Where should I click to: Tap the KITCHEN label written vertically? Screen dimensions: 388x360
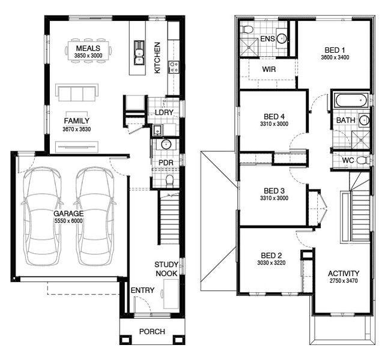pos(157,58)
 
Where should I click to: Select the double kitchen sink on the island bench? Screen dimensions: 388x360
pos(139,53)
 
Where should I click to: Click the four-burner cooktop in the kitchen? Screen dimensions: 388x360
pos(174,67)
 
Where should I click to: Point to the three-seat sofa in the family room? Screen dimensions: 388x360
pos(77,92)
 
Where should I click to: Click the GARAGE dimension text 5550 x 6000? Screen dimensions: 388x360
pos(68,221)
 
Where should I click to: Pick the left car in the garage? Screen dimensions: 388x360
pos(42,217)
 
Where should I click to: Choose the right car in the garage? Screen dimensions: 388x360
pos(95,217)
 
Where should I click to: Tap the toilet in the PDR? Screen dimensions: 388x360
pos(169,181)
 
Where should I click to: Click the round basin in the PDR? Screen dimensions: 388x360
pos(166,145)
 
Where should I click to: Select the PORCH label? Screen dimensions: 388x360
pos(152,332)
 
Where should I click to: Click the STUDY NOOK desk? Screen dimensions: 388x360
pos(171,294)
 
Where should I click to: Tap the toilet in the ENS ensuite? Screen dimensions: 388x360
pos(247,29)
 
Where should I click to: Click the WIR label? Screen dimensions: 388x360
pos(269,69)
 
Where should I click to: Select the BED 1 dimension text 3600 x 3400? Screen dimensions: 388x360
pos(335,58)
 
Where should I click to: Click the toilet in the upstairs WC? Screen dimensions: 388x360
pos(363,160)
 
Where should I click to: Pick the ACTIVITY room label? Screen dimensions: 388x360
pos(344,274)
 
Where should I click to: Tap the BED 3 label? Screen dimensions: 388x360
pos(274,191)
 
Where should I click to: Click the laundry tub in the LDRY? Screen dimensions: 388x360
pos(157,130)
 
